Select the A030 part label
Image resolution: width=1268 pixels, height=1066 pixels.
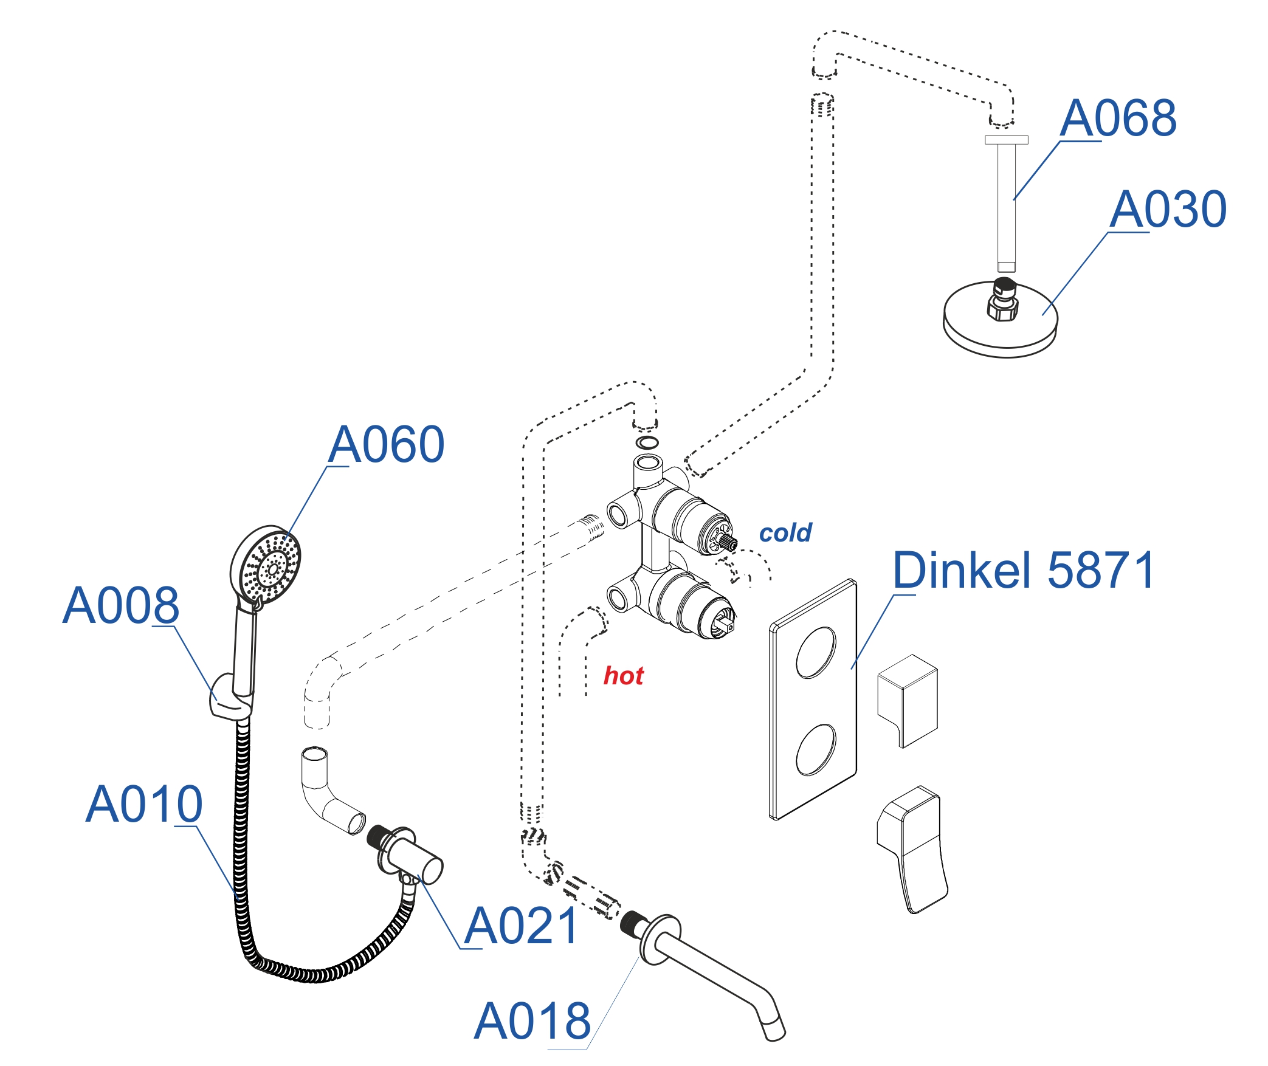pos(1167,209)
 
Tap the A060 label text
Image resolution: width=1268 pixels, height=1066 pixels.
pos(386,444)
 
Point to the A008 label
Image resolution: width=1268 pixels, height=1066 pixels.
pos(121,605)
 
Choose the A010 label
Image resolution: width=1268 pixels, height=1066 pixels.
pos(144,804)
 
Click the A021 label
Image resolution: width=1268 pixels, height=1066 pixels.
pos(522,926)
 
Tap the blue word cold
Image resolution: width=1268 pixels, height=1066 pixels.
pos(785,533)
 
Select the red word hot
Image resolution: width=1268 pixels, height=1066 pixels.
pos(623,676)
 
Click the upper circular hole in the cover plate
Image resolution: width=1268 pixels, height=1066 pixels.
pos(816,653)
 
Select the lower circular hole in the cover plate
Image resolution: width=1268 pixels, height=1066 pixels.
pos(816,750)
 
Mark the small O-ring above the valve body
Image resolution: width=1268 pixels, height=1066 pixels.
pos(646,442)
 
